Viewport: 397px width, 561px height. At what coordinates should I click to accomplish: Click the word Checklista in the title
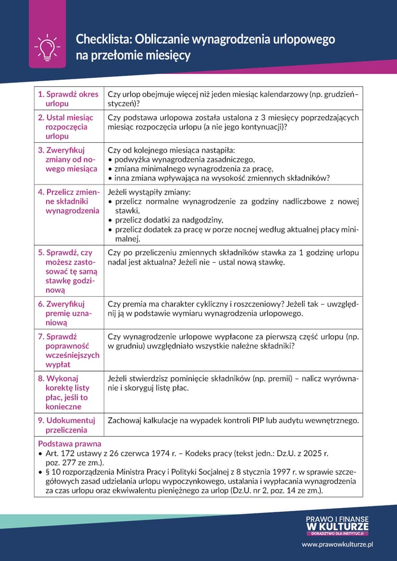tap(103, 39)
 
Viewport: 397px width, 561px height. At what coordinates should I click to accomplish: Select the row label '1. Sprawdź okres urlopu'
tap(68, 99)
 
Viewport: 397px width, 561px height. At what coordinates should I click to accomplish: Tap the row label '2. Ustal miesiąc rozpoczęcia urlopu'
tap(65, 127)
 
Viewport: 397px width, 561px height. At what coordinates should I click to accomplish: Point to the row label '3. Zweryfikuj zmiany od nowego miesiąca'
tap(67, 159)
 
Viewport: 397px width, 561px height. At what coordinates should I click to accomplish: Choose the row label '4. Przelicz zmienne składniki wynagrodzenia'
tap(68, 201)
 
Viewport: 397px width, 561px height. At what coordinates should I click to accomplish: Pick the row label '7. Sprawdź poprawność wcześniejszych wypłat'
tap(68, 350)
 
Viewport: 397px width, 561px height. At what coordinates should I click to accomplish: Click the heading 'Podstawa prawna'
tap(69, 444)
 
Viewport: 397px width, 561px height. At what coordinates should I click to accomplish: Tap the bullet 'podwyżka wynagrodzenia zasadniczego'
tap(185, 160)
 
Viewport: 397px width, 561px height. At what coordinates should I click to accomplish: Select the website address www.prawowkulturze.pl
tap(338, 544)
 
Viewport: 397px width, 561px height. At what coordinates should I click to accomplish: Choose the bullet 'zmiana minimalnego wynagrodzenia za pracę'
tap(193, 169)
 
